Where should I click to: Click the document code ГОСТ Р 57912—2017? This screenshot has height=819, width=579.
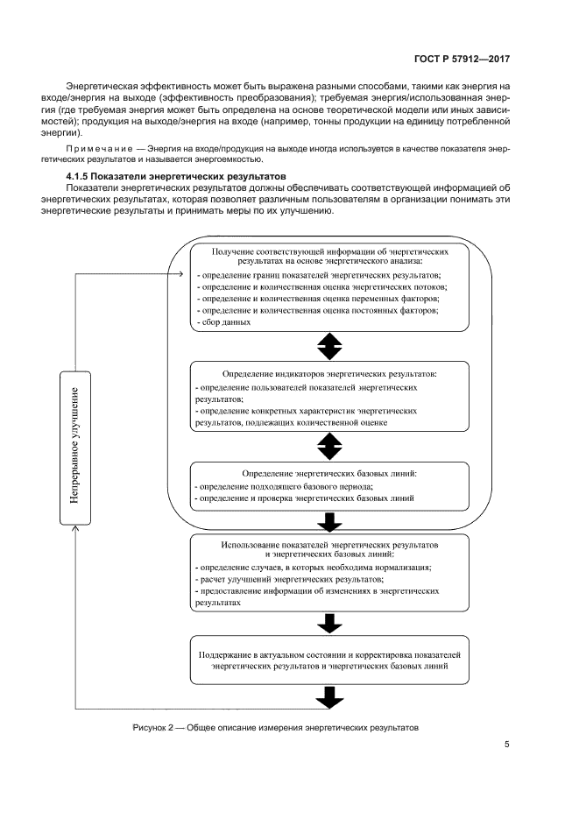click(462, 59)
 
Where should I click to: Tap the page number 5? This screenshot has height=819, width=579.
click(507, 745)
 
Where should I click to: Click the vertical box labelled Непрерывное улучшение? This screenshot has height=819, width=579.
click(76, 446)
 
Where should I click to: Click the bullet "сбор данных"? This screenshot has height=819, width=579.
click(226, 322)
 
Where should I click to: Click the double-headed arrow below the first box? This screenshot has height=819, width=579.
click(329, 346)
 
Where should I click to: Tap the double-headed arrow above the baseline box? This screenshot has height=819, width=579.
click(329, 446)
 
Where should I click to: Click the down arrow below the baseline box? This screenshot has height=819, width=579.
click(329, 522)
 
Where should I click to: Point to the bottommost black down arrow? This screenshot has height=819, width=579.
click(329, 697)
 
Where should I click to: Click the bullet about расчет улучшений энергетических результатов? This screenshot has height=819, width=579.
click(290, 580)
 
